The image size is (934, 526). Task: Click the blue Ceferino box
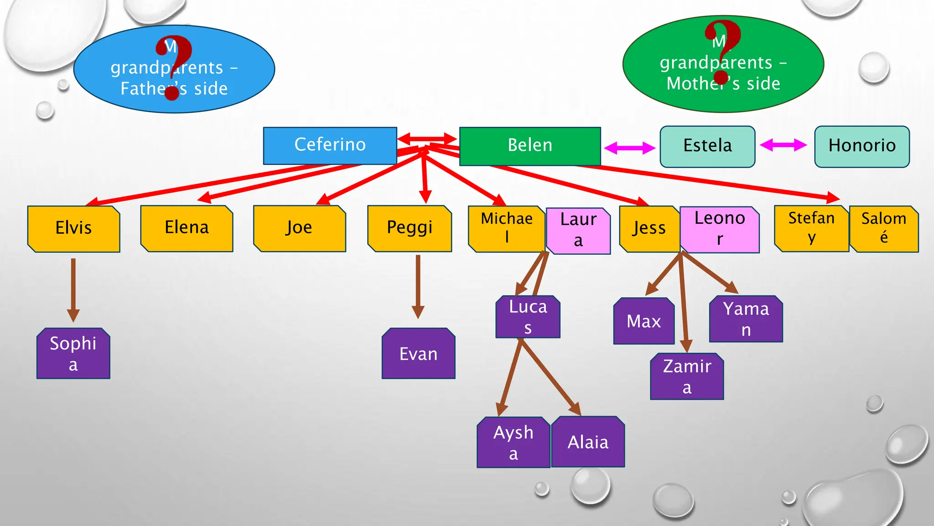point(330,145)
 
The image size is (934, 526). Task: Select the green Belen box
point(530,146)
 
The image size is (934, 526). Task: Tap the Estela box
point(707,146)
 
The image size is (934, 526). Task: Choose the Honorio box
point(862,146)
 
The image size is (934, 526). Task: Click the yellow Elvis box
point(73,228)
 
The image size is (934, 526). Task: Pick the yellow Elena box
point(187,228)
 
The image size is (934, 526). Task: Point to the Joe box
point(299,228)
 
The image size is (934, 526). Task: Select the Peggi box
point(410,228)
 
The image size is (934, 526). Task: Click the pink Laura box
point(578,230)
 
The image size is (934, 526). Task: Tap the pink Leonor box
point(720,229)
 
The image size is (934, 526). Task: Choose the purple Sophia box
point(73,353)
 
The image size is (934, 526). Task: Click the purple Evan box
point(418,354)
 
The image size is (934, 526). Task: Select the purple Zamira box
point(687,376)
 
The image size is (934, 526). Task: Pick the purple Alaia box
point(588,442)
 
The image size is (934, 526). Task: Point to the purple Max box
point(643,321)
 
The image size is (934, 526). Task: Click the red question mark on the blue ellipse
point(173,67)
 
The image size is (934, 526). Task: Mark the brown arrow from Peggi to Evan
point(418,285)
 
